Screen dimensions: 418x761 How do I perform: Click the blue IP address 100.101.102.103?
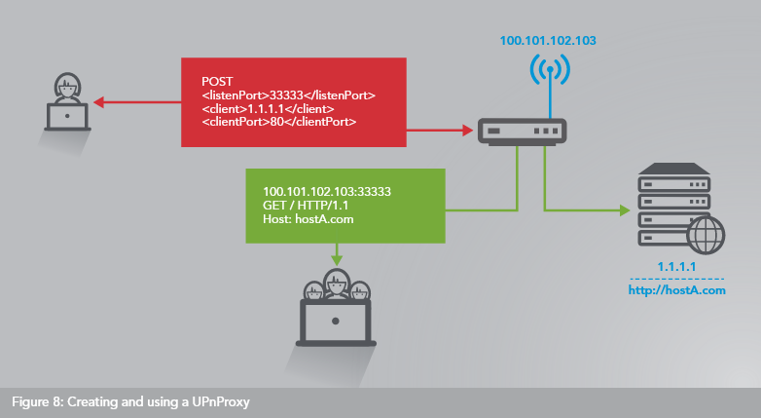547,41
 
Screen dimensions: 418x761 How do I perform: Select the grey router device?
524,130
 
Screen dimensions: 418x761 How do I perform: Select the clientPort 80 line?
278,124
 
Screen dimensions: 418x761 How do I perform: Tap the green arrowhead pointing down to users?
338,260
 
